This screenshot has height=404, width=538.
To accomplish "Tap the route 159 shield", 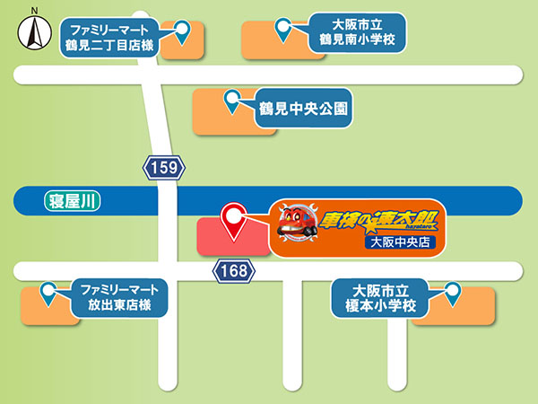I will (x=165, y=166).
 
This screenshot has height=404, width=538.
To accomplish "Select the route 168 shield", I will (x=232, y=269).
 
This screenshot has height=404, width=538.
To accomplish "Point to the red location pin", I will (x=235, y=219).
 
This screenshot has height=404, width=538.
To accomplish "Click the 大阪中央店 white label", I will (x=400, y=242).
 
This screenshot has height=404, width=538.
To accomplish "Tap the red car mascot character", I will (x=295, y=224).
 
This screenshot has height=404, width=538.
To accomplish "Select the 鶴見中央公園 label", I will (x=302, y=110).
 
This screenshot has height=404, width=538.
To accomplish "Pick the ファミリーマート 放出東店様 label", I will (x=117, y=297).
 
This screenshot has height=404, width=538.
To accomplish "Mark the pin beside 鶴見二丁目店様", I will (x=183, y=31).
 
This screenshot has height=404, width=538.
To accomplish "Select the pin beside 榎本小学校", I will (x=451, y=293).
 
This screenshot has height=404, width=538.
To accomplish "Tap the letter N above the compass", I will (x=33, y=11).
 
